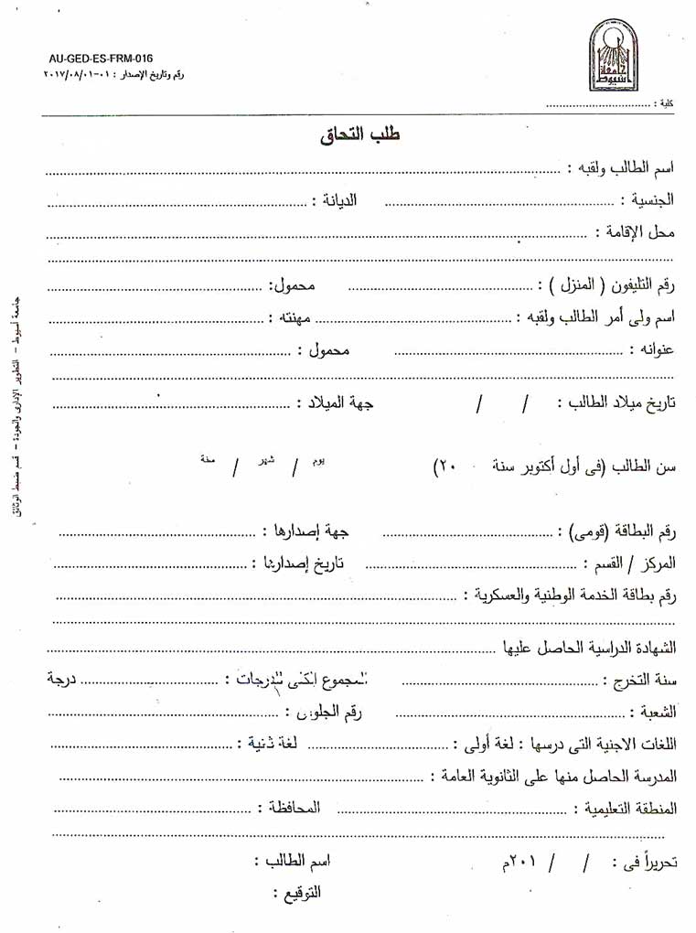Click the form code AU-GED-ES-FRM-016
pos(101,58)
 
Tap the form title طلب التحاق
pos(361,134)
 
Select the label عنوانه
pos(652,349)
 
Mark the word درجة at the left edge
pos(62,680)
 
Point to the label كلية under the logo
pos(666,105)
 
